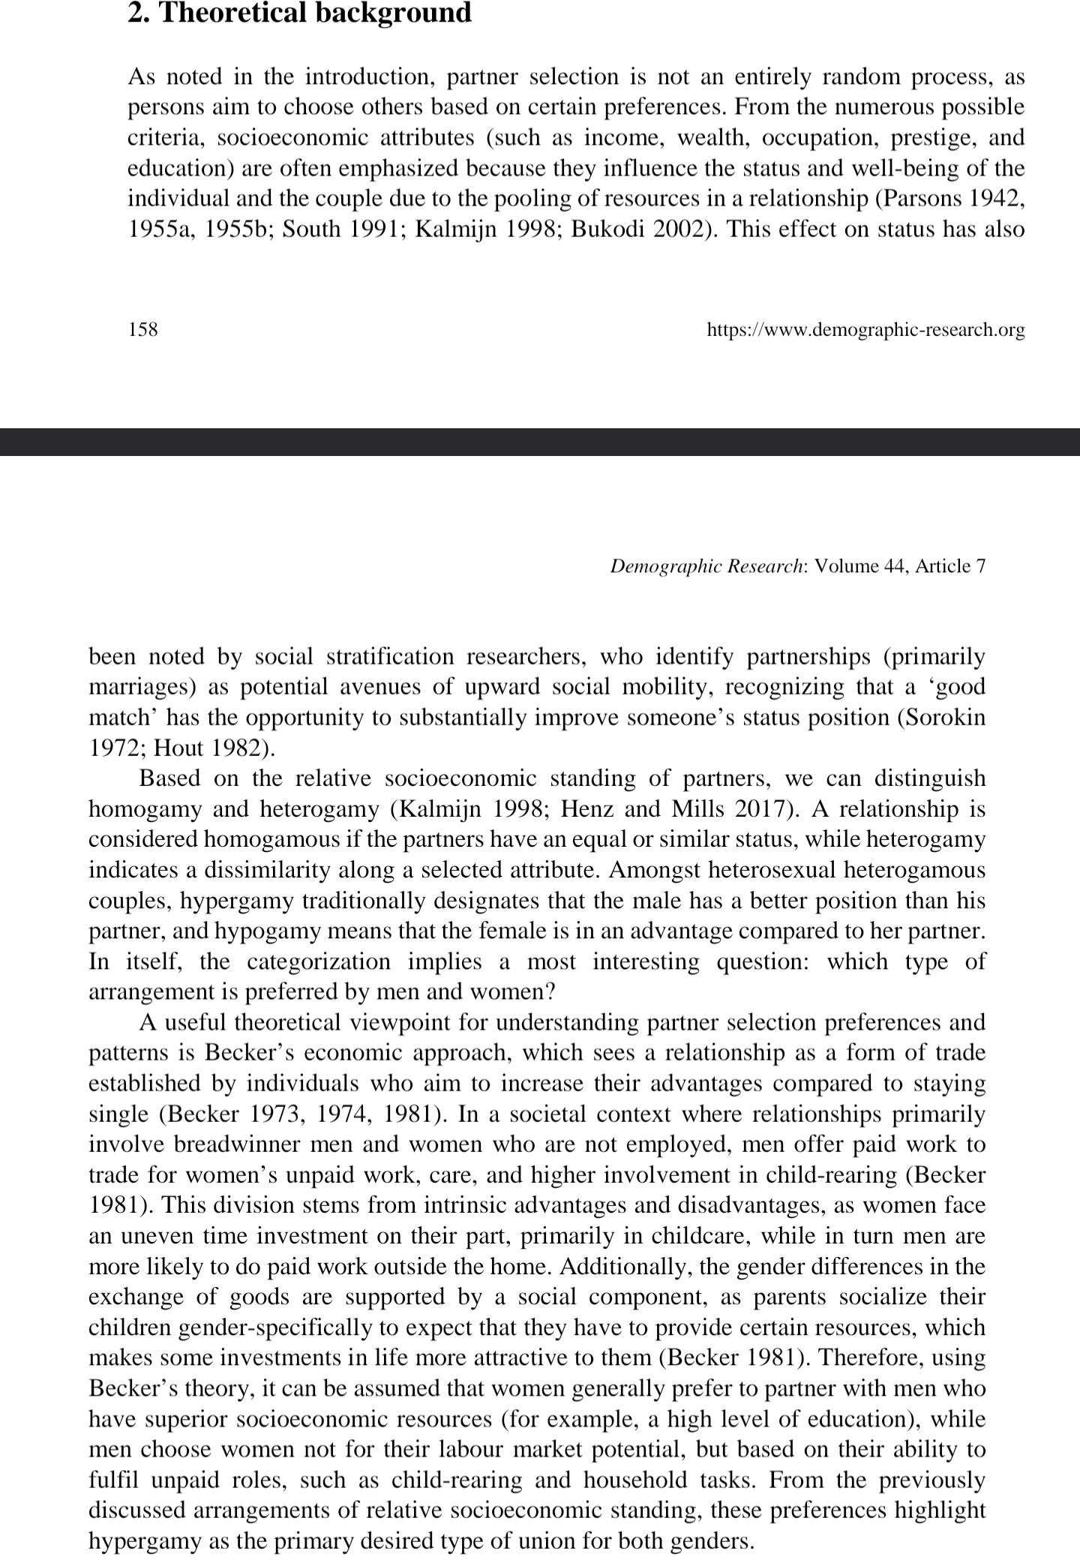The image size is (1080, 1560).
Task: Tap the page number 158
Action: [x=142, y=329]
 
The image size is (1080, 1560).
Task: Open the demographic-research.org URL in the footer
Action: [x=865, y=329]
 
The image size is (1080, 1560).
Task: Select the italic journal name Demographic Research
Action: [x=706, y=566]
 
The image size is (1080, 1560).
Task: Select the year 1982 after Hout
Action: [x=235, y=748]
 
